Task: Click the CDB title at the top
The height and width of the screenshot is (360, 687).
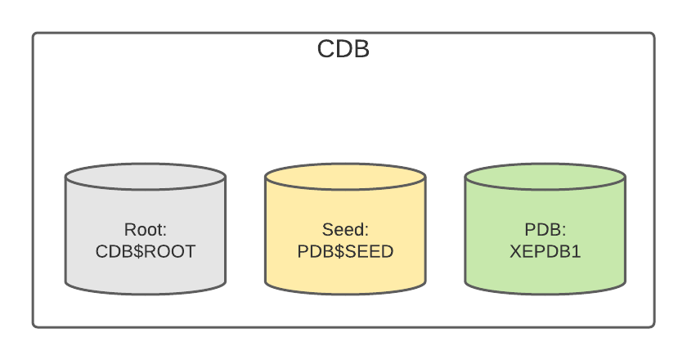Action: pyautogui.click(x=343, y=49)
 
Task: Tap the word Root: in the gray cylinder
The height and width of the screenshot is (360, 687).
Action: pyautogui.click(x=146, y=229)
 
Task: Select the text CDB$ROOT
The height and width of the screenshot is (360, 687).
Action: pyautogui.click(x=146, y=251)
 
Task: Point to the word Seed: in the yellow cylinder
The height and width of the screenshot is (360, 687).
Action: pyautogui.click(x=345, y=229)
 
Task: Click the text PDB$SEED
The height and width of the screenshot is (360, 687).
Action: pyautogui.click(x=345, y=251)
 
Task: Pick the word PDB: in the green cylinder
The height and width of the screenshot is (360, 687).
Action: pyautogui.click(x=545, y=229)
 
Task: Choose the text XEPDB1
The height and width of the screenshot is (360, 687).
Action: pyautogui.click(x=545, y=251)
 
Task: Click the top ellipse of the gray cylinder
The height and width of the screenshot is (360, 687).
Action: pyautogui.click(x=146, y=177)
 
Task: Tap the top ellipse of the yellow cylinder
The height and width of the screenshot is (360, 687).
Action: pyautogui.click(x=345, y=177)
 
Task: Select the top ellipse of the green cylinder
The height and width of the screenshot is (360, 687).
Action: pyautogui.click(x=545, y=177)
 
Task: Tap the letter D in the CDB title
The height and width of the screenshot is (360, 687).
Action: pyautogui.click(x=343, y=49)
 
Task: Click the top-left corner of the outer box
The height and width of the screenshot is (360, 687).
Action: pyautogui.click(x=34, y=34)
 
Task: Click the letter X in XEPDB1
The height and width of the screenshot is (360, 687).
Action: pyautogui.click(x=515, y=251)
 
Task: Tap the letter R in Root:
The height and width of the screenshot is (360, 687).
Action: pyautogui.click(x=129, y=229)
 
